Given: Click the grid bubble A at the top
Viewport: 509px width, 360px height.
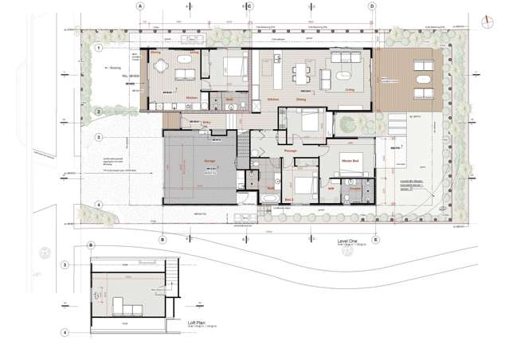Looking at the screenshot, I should [141, 6].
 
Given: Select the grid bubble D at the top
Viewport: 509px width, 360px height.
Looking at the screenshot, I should [372, 6].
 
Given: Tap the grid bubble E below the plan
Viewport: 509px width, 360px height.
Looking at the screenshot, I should [376, 239].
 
